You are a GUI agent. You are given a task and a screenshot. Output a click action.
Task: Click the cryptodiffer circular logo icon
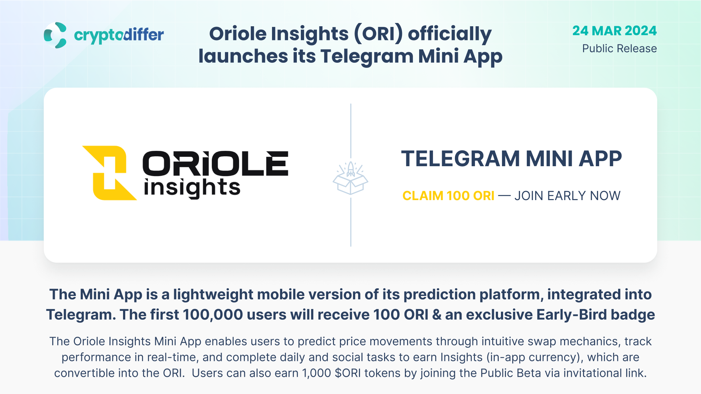[55, 35]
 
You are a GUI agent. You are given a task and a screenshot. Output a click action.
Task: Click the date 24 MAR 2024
[614, 31]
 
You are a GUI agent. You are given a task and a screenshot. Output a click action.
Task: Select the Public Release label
[619, 48]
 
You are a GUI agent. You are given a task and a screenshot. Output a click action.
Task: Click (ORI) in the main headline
[379, 34]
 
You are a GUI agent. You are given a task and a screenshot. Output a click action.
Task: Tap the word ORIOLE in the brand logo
[215, 163]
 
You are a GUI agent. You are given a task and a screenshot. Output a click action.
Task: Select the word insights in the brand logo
[192, 188]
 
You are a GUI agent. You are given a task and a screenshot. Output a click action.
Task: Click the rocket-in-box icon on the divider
[350, 178]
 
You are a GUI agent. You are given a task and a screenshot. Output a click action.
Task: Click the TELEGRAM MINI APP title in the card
[512, 159]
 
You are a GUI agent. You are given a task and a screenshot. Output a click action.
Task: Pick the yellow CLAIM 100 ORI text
[448, 196]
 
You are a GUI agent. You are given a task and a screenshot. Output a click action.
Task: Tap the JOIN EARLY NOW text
[567, 196]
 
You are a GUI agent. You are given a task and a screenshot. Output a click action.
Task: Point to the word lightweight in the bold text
[213, 294]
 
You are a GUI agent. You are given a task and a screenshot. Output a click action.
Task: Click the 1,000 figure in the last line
[316, 373]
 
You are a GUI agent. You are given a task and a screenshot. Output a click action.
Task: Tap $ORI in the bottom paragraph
[348, 373]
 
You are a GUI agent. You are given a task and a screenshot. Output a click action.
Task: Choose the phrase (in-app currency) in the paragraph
[535, 357]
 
